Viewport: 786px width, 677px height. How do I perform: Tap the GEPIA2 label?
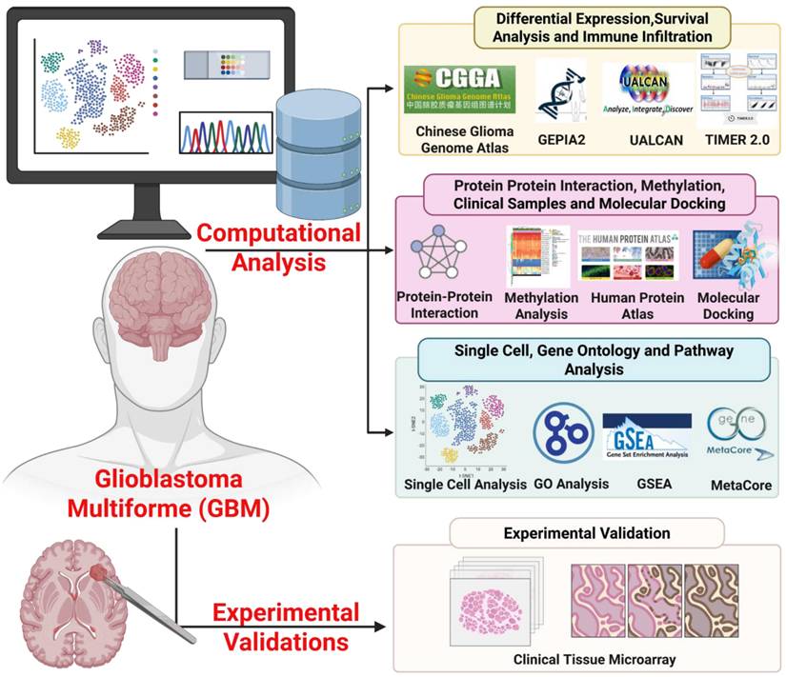point(557,138)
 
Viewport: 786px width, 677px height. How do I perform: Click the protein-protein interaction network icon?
point(444,258)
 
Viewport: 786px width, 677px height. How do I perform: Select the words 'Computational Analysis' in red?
point(278,246)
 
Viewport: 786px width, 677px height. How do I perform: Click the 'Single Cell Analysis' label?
point(465,484)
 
